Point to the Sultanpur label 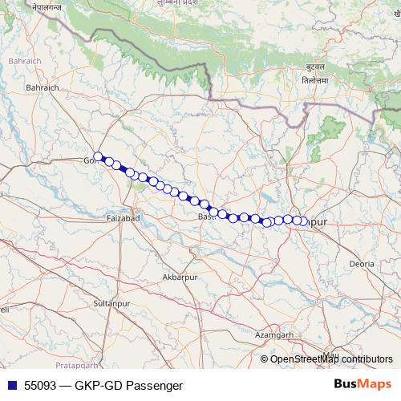(x=111, y=303)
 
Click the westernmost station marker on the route (x=98, y=157)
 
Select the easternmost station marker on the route (x=302, y=221)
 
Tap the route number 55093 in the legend (x=40, y=385)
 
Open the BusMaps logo (x=363, y=384)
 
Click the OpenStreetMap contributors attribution (x=331, y=358)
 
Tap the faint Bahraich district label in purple (x=18, y=60)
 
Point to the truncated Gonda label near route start (x=88, y=160)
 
